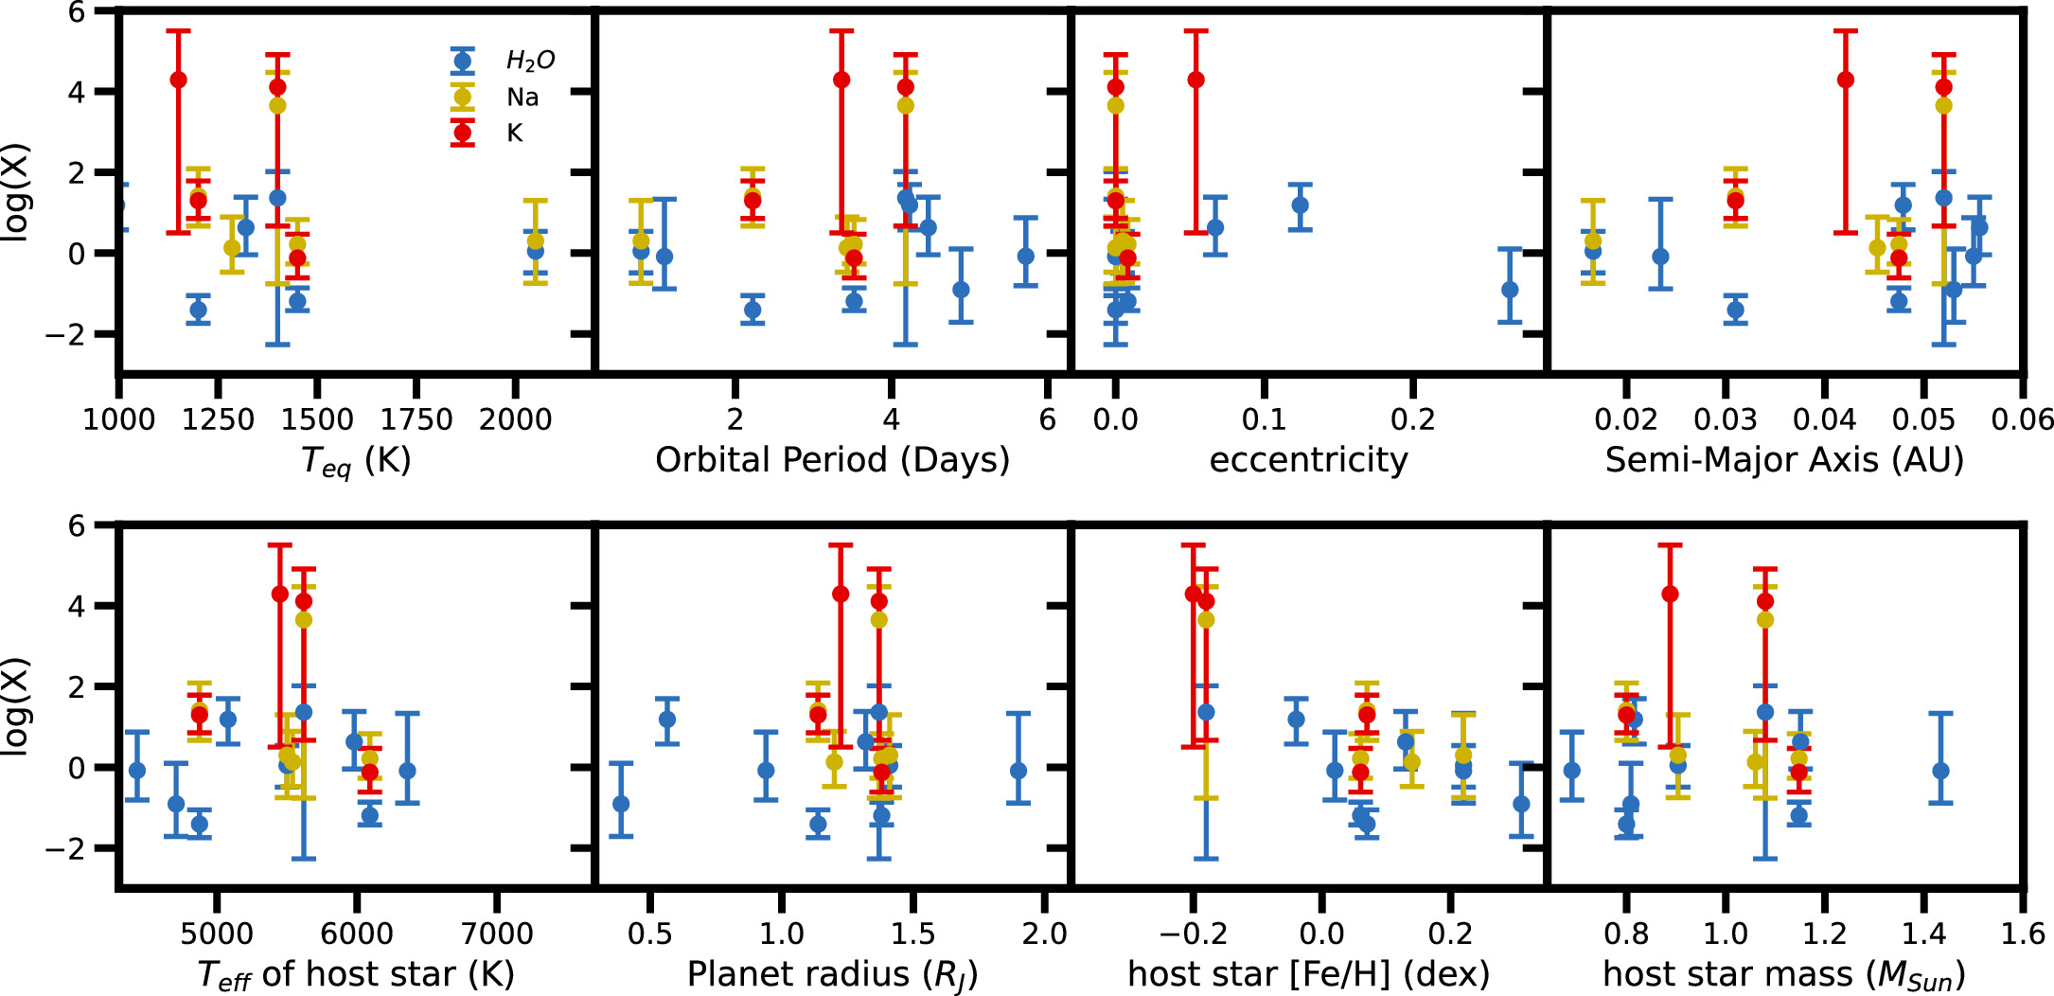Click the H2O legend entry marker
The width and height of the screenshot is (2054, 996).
click(x=462, y=62)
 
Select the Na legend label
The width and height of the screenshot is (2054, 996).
click(x=522, y=98)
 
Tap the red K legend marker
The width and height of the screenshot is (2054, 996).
click(x=462, y=133)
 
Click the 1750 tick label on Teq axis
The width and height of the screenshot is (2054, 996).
click(x=416, y=419)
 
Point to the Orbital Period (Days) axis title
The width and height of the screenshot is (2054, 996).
click(x=832, y=460)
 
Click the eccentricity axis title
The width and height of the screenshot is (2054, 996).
click(x=1308, y=460)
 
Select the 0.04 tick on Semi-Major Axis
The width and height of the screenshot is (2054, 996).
click(x=1824, y=419)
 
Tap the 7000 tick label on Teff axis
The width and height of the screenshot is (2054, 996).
click(x=496, y=934)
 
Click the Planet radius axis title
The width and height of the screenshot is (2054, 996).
click(x=832, y=974)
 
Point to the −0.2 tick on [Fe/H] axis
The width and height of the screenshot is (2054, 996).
click(x=1193, y=934)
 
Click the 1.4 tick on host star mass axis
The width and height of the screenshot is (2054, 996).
click(x=1923, y=934)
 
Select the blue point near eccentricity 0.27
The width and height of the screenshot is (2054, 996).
click(x=1510, y=290)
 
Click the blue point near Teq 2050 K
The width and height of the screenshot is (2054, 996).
click(x=536, y=251)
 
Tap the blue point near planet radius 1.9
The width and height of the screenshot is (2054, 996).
click(x=1018, y=771)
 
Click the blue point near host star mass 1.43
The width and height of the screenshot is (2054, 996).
click(x=1940, y=771)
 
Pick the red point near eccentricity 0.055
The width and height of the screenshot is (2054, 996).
click(x=1196, y=80)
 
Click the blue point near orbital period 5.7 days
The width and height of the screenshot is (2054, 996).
click(x=1025, y=256)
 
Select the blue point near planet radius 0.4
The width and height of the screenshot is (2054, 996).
click(x=621, y=804)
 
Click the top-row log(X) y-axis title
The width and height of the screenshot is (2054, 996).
click(x=16, y=192)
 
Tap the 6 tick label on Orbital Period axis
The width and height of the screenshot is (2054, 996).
click(x=1047, y=419)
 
